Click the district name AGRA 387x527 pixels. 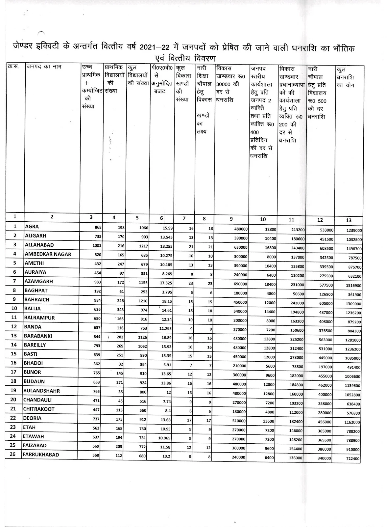32,227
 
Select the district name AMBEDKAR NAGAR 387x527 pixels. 48,254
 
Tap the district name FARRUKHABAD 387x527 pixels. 41,455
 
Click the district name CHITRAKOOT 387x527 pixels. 39,409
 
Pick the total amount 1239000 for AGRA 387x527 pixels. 354,231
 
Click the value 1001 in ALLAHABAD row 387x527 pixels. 97,245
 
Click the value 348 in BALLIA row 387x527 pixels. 119,310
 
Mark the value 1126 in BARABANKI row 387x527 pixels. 142,337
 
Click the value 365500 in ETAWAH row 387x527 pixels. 325,440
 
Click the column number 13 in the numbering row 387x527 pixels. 349,220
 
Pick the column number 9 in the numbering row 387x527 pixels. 231,219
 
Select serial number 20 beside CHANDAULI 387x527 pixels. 14,400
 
